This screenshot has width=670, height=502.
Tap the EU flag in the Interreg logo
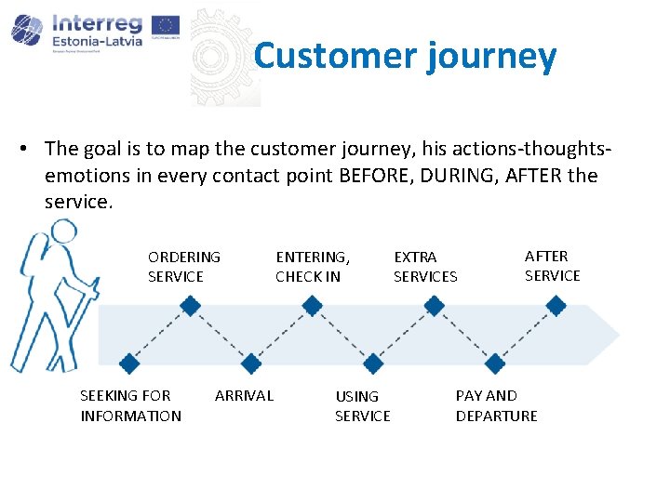pyautogui.click(x=165, y=27)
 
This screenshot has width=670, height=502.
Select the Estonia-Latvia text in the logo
pyautogui.click(x=98, y=40)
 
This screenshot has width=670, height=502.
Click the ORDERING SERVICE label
pyautogui.click(x=183, y=266)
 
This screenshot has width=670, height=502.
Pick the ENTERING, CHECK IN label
pyautogui.click(x=313, y=266)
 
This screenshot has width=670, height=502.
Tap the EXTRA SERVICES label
pyautogui.click(x=425, y=266)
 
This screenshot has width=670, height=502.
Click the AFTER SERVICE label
pyautogui.click(x=552, y=265)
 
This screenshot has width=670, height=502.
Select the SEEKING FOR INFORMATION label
pyautogui.click(x=130, y=405)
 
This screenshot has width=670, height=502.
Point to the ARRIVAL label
pyautogui.click(x=244, y=395)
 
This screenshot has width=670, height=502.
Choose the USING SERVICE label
pyautogui.click(x=362, y=405)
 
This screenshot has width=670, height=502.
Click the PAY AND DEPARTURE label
pyautogui.click(x=496, y=405)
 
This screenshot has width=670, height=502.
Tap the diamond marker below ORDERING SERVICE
pyautogui.click(x=190, y=305)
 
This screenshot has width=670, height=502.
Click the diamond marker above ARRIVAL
pyautogui.click(x=250, y=363)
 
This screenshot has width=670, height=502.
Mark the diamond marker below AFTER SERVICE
pyautogui.click(x=556, y=305)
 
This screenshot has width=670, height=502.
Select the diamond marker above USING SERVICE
pyautogui.click(x=372, y=363)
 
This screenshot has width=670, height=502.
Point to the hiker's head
pyautogui.click(x=64, y=232)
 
